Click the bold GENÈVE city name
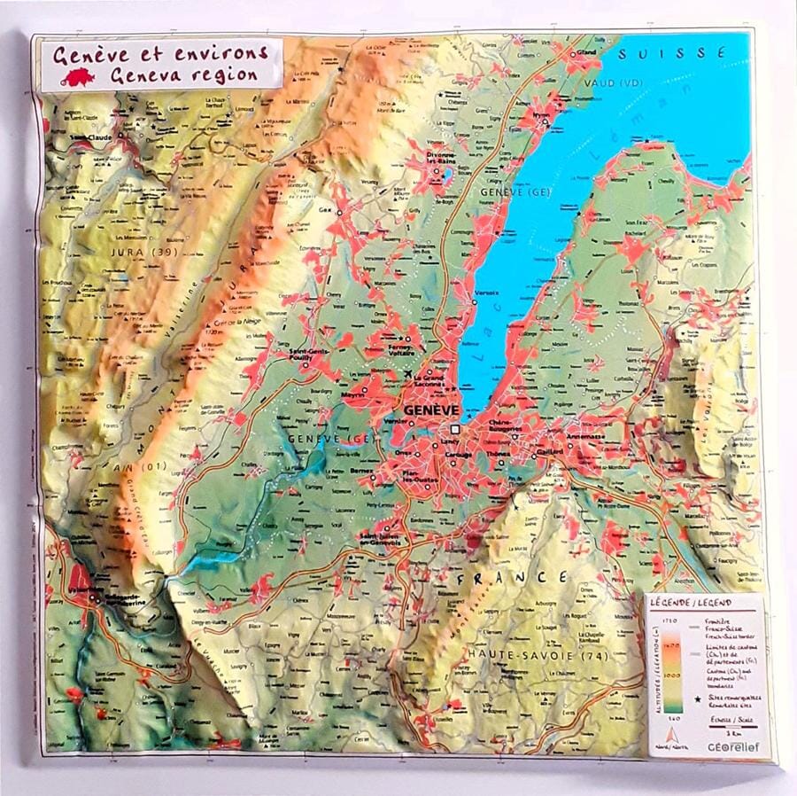[431, 410]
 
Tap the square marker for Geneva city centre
[455, 427]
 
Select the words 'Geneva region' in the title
[184, 75]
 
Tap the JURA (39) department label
[135, 253]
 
